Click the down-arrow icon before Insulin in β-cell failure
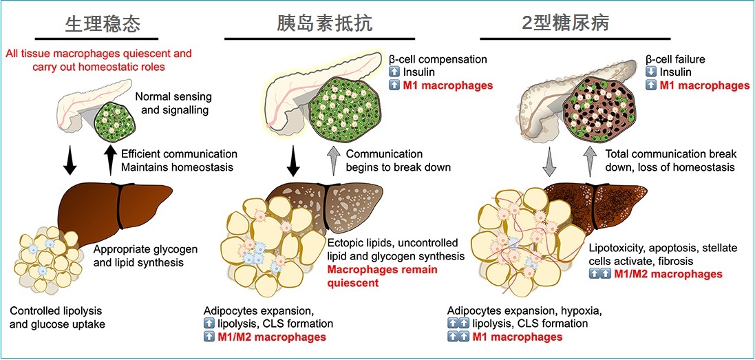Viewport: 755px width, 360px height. (x=650, y=72)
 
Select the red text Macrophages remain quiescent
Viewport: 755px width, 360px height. (x=383, y=276)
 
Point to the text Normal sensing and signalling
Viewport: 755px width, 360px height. (x=174, y=103)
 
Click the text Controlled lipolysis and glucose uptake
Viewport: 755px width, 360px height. (x=57, y=317)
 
